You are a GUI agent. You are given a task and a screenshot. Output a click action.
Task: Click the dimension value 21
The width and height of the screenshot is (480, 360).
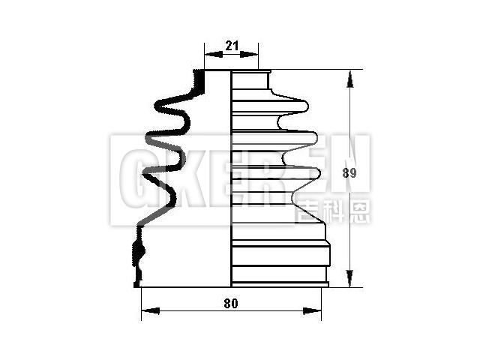(232, 46)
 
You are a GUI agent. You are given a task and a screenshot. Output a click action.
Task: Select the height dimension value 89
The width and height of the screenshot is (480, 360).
(348, 172)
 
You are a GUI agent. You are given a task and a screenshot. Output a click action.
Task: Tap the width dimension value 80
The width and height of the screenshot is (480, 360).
(230, 303)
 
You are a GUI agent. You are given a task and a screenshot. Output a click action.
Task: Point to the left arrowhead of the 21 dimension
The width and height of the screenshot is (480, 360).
(208, 54)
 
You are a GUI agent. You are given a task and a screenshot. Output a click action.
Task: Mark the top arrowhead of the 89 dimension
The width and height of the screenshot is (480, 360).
(349, 75)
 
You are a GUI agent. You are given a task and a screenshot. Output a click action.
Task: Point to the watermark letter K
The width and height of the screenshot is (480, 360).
(171, 178)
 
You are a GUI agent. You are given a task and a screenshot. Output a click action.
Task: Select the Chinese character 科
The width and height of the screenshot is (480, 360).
(334, 210)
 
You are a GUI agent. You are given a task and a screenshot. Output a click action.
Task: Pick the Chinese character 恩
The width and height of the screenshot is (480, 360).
(358, 210)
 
